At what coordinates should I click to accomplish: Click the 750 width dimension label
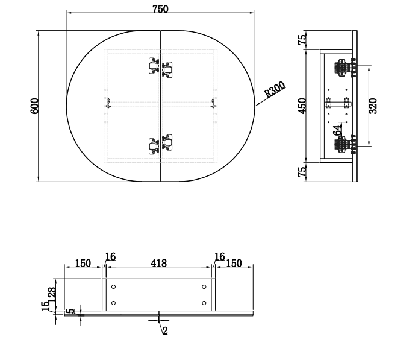point(160,9)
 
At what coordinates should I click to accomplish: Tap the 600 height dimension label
point(35,106)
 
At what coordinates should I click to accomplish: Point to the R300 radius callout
point(275,89)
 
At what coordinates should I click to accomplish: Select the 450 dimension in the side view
point(302,106)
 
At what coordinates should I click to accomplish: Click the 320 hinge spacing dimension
point(373,106)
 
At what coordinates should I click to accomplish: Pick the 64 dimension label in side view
point(337,130)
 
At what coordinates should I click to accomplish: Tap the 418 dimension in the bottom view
point(158,263)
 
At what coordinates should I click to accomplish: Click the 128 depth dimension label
point(52,294)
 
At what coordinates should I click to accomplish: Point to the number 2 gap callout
point(165,331)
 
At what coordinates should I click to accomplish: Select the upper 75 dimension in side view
point(302,40)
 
